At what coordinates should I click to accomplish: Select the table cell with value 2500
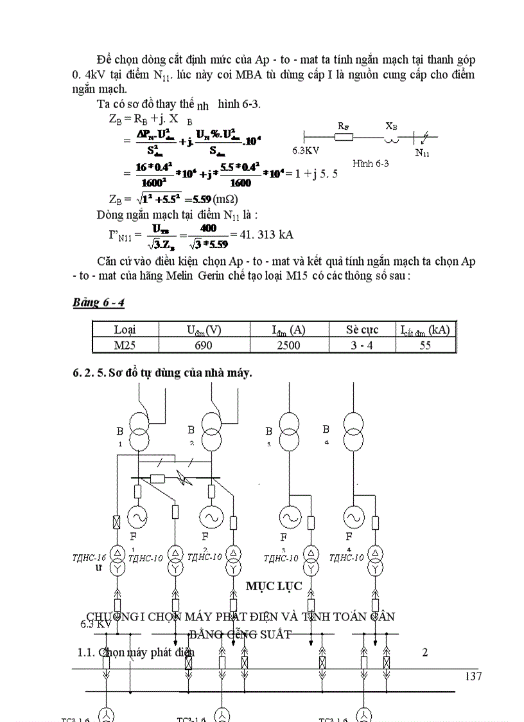tap(288, 345)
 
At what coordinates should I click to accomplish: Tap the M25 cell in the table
tap(125, 345)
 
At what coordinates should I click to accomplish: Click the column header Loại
tap(125, 330)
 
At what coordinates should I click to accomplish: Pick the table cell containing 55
tap(425, 345)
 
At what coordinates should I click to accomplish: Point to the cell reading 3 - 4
tap(362, 345)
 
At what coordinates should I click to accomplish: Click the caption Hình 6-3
tap(371, 163)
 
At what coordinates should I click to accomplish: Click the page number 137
tap(472, 676)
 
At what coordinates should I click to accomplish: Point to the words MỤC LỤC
tap(274, 586)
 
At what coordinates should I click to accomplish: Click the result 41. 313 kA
tap(266, 234)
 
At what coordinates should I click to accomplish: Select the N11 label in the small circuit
tap(423, 152)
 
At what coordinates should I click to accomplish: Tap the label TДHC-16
tap(89, 557)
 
